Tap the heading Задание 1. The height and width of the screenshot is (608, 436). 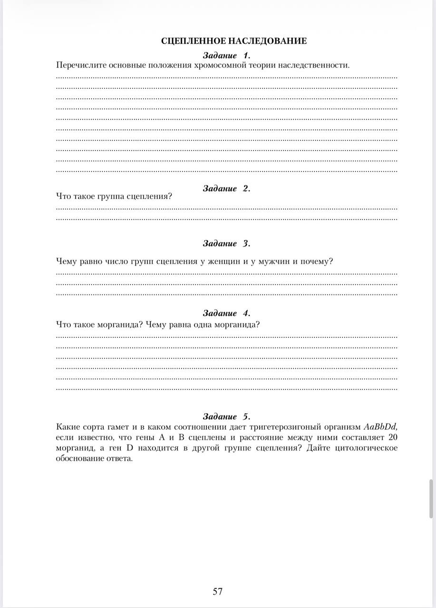[x=226, y=55]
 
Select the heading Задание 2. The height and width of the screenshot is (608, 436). [x=226, y=189]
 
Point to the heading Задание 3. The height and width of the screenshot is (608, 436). [x=226, y=244]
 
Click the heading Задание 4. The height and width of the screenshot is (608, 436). [x=226, y=313]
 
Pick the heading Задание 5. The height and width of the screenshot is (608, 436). [x=226, y=417]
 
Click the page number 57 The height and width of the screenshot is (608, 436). [x=218, y=591]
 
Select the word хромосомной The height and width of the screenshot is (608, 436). [x=218, y=65]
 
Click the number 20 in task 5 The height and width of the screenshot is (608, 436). [x=393, y=437]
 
